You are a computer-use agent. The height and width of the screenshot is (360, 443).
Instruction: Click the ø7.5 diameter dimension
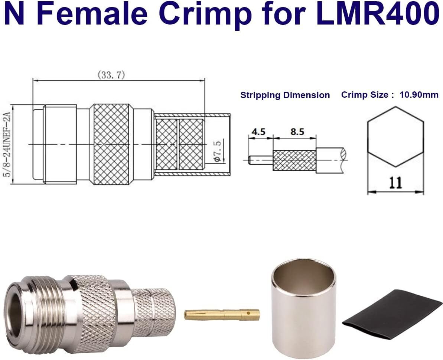(218, 152)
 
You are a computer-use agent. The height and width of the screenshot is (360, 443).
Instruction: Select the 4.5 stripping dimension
(258, 132)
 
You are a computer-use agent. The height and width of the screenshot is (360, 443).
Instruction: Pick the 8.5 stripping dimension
(297, 132)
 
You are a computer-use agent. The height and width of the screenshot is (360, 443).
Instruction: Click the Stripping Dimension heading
(285, 95)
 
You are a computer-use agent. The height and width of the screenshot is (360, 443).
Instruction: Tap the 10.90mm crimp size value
(419, 95)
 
